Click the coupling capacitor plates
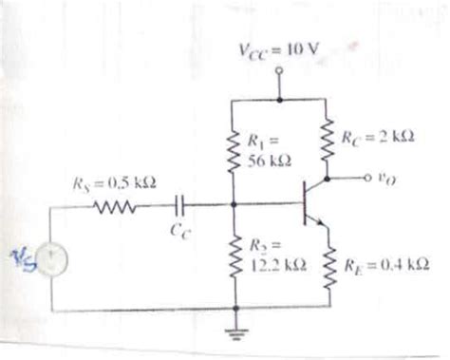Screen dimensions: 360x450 (x=178, y=202)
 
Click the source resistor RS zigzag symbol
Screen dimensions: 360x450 (x=116, y=202)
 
